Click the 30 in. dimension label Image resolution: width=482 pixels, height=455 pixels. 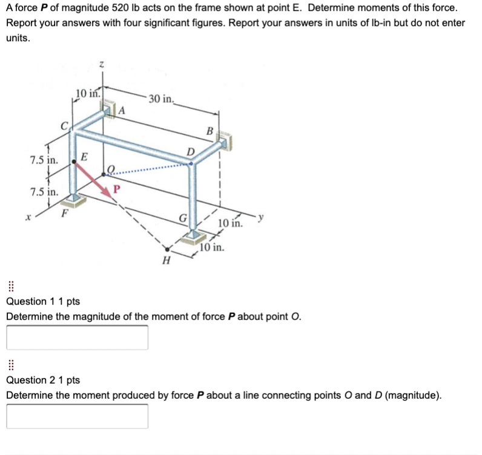click(161, 99)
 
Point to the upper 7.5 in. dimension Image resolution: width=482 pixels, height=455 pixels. click(44, 161)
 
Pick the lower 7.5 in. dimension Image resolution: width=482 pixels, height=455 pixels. click(44, 192)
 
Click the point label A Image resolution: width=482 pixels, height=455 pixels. click(122, 110)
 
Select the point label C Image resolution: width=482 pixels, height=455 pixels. click(63, 126)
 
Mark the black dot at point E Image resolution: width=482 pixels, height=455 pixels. click(74, 161)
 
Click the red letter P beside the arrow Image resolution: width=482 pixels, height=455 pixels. click(118, 188)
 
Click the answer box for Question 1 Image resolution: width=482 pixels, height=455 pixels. click(77, 338)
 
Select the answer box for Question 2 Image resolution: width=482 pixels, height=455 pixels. click(77, 416)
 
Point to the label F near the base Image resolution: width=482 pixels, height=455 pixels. click(62, 213)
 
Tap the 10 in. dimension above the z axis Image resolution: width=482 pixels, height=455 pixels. click(88, 93)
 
